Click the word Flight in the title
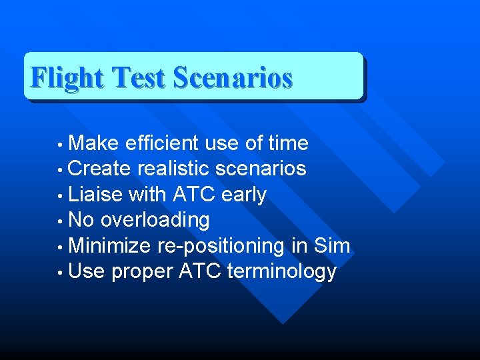click(67, 78)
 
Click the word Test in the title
click(138, 78)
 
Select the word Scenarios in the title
click(232, 78)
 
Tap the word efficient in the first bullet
click(162, 143)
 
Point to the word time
click(287, 143)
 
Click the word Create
click(100, 168)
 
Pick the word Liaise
click(95, 194)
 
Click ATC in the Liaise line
click(194, 194)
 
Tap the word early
click(243, 195)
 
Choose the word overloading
click(155, 220)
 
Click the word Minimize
click(110, 246)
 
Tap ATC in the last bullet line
click(200, 271)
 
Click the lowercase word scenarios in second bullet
click(264, 168)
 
